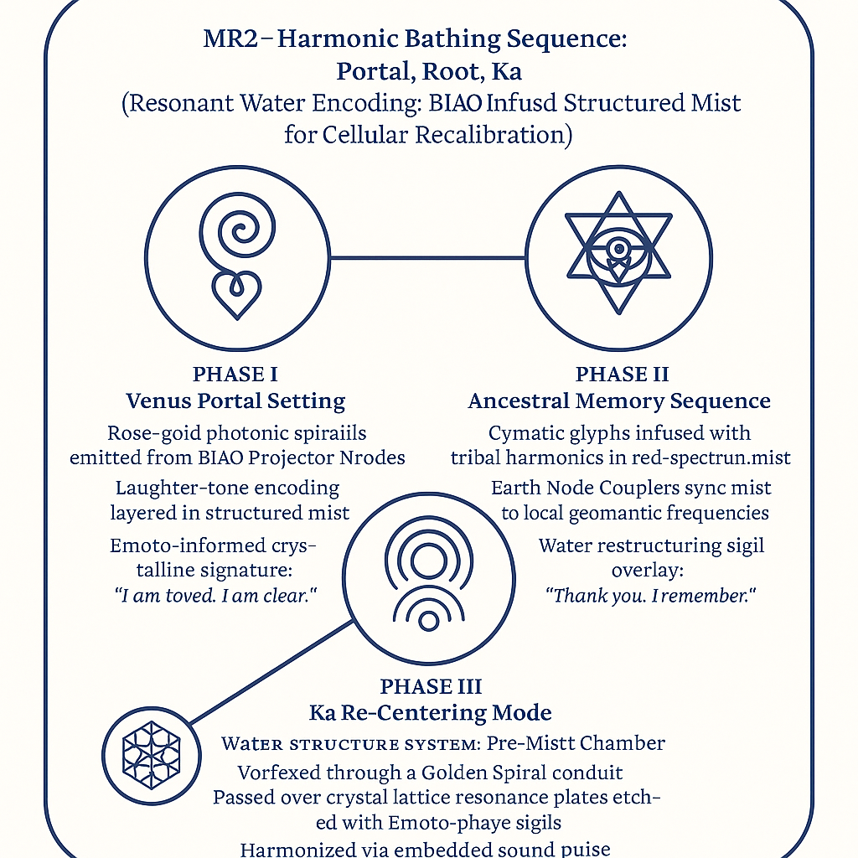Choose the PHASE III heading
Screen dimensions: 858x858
(431, 687)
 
